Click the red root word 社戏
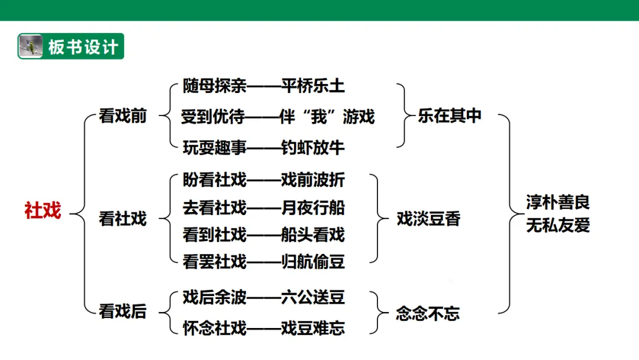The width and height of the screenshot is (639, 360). click(x=43, y=210)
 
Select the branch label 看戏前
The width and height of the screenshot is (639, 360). click(x=122, y=116)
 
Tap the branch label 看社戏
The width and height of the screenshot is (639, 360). click(x=122, y=219)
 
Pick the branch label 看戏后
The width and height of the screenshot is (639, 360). click(x=122, y=311)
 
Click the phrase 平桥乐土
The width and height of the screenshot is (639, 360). click(x=312, y=86)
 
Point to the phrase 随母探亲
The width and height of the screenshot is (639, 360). click(x=214, y=86)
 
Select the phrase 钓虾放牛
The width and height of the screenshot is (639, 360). click(x=312, y=147)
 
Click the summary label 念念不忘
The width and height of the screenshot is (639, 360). click(x=428, y=313)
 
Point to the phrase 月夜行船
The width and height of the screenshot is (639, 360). click(x=312, y=207)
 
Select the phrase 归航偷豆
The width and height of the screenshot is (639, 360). click(x=312, y=261)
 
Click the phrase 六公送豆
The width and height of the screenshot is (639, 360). click(x=312, y=297)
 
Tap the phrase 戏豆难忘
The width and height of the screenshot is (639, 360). click(x=312, y=328)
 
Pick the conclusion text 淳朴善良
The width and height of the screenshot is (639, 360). click(x=558, y=202)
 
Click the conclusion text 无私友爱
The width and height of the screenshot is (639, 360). click(x=558, y=225)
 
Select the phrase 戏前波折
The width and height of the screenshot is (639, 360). click(x=312, y=179)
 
